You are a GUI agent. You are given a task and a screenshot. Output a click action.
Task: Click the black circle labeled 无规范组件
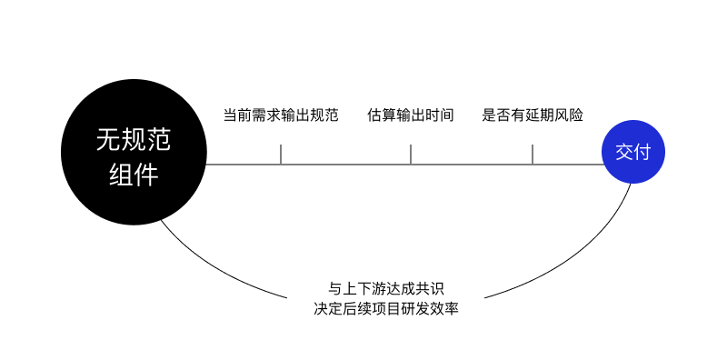coord(134,152)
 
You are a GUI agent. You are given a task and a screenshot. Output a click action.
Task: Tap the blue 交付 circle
coord(632,152)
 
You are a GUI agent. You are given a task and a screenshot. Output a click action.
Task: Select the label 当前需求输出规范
coord(281,115)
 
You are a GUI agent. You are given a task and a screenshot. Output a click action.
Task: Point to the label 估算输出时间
coord(411,115)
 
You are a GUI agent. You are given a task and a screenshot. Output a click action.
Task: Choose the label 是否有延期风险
coord(533,115)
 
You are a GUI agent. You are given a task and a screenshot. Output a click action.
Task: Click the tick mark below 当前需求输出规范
coord(281,154)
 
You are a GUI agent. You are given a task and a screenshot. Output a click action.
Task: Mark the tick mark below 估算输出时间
coord(411,154)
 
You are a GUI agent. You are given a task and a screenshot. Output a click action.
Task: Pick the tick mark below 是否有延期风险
coord(533,154)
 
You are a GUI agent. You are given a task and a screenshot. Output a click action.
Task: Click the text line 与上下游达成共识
coord(386,288)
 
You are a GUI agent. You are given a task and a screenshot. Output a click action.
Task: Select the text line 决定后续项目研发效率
coord(386,308)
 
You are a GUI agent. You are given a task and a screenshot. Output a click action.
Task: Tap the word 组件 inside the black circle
coord(134,175)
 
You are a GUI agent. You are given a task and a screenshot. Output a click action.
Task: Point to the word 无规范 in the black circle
coord(134,140)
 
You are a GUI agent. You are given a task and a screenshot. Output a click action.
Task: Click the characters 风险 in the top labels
coord(569,115)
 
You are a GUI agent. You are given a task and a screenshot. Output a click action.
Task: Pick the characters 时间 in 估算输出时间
coord(440,115)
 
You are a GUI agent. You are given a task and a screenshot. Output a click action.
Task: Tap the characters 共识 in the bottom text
coord(430,288)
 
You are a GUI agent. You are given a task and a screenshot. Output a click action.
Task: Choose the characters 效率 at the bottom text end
coord(444,308)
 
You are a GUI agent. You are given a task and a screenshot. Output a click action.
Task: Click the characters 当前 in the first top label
coord(238,115)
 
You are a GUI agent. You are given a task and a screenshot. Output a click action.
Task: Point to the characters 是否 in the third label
coord(496,115)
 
